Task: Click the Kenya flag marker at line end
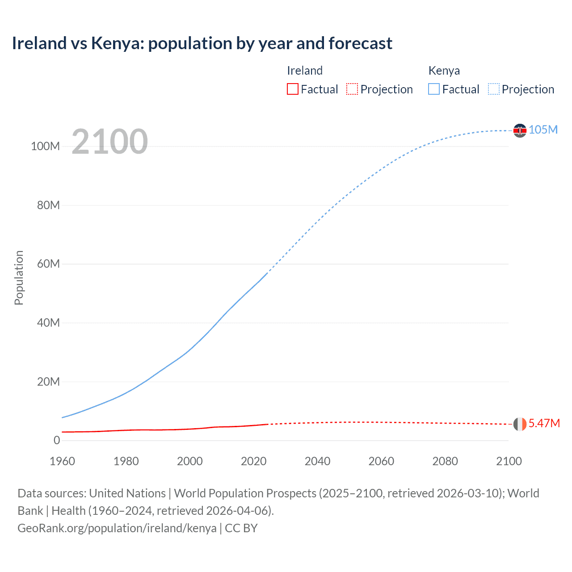point(520,130)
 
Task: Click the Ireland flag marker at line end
point(520,424)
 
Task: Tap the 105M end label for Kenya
point(543,130)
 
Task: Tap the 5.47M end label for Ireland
point(544,423)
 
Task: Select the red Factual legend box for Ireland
point(292,89)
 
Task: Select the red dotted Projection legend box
point(352,89)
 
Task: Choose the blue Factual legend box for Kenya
point(434,89)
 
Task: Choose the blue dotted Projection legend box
point(493,89)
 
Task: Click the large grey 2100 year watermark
point(109,142)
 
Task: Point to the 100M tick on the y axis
point(45,147)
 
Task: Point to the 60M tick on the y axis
point(48,264)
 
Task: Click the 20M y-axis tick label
point(48,382)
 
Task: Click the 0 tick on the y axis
point(57,440)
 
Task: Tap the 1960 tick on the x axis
point(62,461)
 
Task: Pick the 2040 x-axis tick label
point(317,461)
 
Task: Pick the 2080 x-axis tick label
point(445,461)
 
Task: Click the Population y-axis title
point(19,278)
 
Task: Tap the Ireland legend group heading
point(304,71)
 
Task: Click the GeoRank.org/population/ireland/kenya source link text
point(117,528)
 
